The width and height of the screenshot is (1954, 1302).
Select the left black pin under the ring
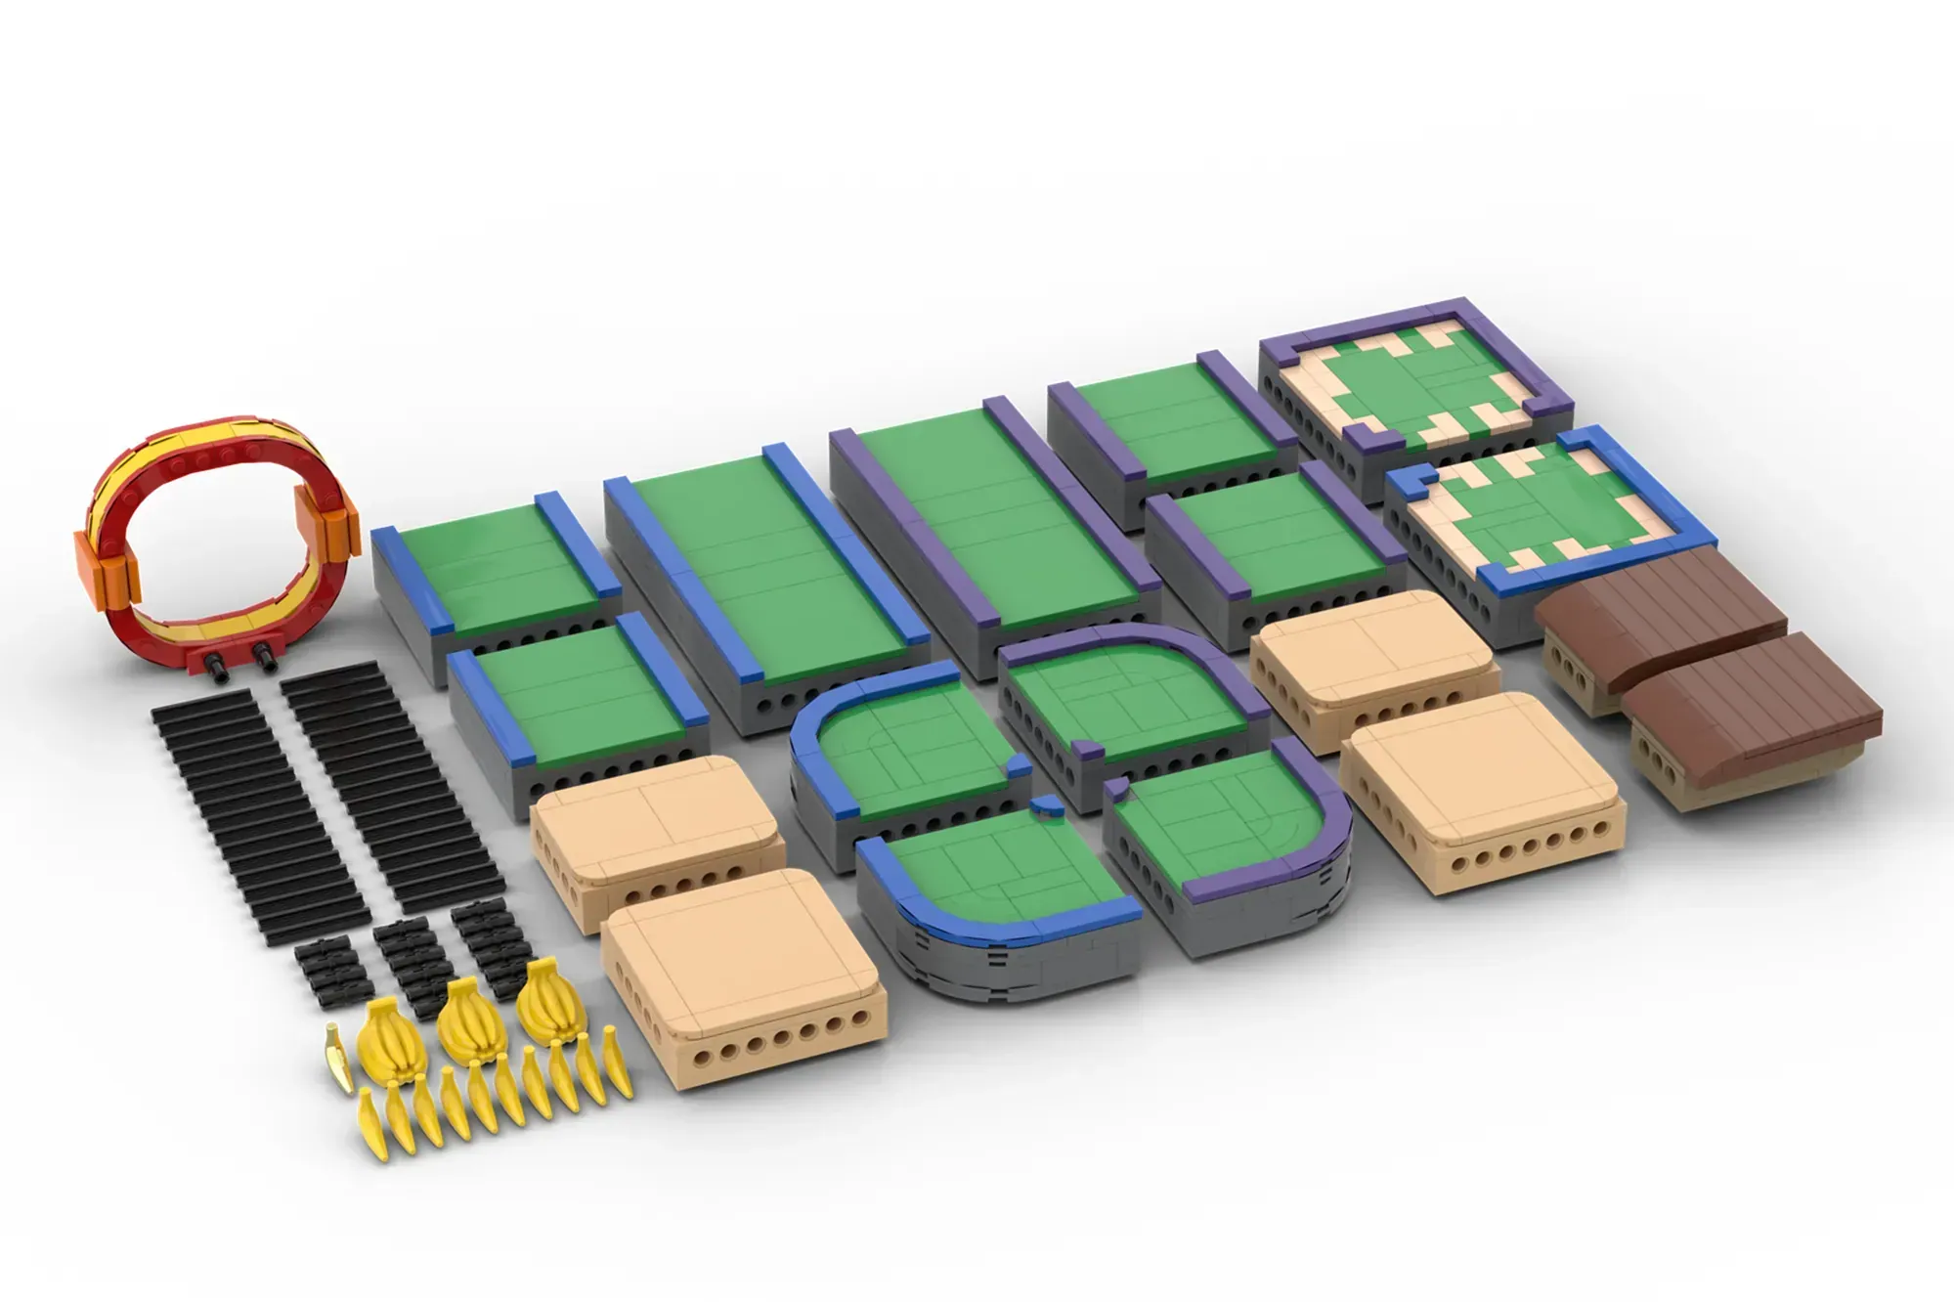[x=218, y=668]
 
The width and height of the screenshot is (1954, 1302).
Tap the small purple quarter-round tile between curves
[x=1086, y=751]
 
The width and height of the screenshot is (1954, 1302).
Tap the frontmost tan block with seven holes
[x=743, y=977]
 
